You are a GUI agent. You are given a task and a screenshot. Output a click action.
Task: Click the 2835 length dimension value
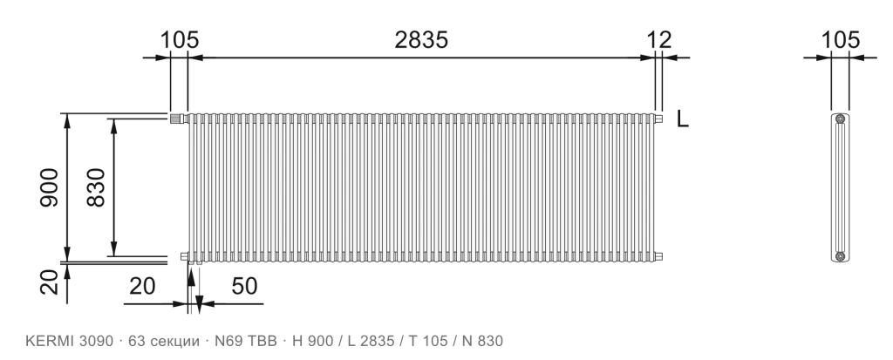pyautogui.click(x=421, y=40)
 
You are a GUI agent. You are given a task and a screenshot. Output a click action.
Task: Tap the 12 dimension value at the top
pyautogui.click(x=659, y=40)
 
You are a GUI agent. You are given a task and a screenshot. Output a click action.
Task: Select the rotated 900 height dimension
pyautogui.click(x=50, y=187)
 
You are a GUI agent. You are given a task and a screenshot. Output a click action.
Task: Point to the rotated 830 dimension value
pyautogui.click(x=96, y=187)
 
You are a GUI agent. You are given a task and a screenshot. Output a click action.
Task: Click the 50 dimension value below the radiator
pyautogui.click(x=244, y=287)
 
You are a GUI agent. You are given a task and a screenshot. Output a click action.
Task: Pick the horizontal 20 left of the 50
pyautogui.click(x=142, y=287)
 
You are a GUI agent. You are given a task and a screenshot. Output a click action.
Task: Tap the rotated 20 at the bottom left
pyautogui.click(x=50, y=282)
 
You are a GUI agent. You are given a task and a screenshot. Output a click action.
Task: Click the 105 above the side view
pyautogui.click(x=840, y=40)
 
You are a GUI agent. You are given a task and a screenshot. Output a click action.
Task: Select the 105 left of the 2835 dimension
pyautogui.click(x=180, y=40)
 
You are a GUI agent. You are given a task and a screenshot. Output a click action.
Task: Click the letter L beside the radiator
pyautogui.click(x=682, y=119)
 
